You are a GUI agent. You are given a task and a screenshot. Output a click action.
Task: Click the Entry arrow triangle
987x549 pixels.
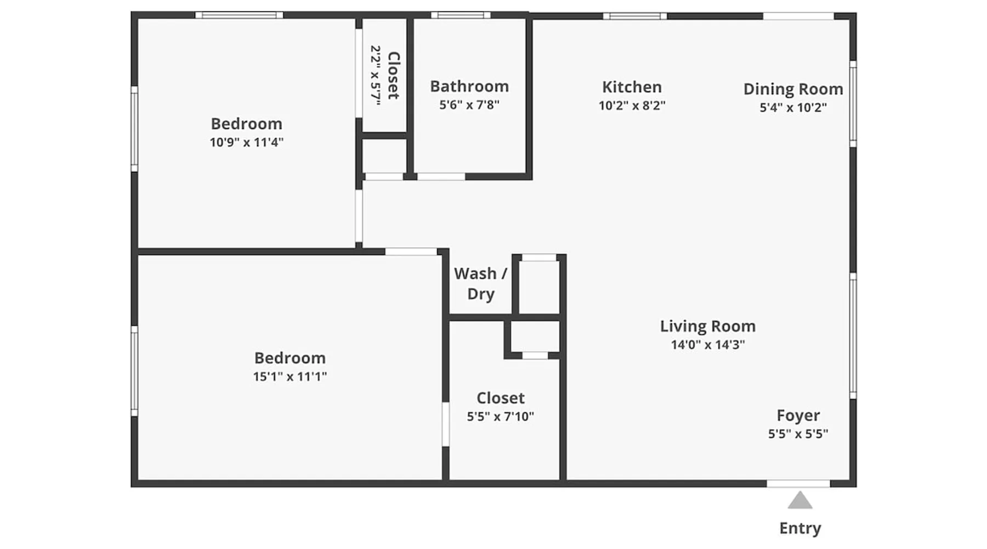pos(800,501)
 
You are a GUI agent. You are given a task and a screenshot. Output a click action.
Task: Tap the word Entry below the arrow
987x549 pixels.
pos(800,528)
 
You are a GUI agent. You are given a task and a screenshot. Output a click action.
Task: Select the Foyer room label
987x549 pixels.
pos(798,416)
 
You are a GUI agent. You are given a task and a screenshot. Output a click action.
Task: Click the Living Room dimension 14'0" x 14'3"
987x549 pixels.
pos(708,345)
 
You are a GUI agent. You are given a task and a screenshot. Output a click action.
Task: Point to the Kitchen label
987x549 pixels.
pos(632,87)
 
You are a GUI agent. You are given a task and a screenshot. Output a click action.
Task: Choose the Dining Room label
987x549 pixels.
pos(793,89)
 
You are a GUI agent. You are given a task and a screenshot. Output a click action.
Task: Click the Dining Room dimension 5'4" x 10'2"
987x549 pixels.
pos(793,108)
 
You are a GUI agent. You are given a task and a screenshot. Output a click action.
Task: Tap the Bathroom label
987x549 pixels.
pos(469,86)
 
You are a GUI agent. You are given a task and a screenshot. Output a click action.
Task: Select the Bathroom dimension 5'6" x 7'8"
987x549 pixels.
pos(469,105)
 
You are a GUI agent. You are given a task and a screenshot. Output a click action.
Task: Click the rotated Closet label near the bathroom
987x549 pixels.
pos(394,75)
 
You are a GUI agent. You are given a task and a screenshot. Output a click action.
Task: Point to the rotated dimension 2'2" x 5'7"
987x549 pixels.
pos(376,75)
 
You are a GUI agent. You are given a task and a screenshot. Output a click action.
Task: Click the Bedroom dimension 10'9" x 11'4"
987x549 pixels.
pos(246,142)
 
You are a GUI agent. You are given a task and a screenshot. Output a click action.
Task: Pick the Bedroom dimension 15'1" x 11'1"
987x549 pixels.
pos(290,377)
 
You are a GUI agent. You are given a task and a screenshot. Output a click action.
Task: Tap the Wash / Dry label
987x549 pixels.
pos(481,283)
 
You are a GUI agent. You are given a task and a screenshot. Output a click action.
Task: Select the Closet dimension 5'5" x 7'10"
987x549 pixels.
pos(500,417)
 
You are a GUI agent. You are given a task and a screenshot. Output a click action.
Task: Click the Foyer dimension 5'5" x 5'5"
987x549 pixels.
pos(798,434)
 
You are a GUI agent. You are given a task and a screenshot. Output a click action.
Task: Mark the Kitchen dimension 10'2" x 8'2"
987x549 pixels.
pos(632,105)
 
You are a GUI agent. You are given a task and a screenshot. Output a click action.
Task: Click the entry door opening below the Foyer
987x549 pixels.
pos(798,484)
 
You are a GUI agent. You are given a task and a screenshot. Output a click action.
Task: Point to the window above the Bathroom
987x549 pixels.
pos(461,15)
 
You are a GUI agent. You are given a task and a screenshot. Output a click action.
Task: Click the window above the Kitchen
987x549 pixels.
pos(635,16)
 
